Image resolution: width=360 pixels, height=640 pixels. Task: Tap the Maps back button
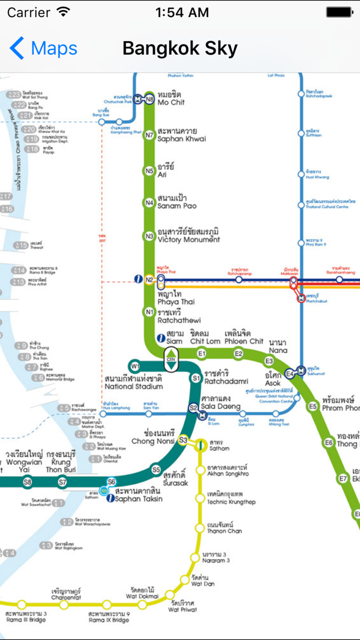pyautogui.click(x=43, y=48)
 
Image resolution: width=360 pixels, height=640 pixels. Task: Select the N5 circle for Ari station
pyautogui.click(x=149, y=171)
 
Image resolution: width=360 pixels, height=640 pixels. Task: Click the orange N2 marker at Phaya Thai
pyautogui.click(x=149, y=280)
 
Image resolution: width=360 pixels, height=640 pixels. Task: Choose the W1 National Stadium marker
pyautogui.click(x=135, y=367)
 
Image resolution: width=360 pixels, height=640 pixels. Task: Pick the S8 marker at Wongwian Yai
pyautogui.click(x=27, y=482)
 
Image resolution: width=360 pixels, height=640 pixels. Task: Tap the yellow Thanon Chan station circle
pyautogui.click(x=200, y=528)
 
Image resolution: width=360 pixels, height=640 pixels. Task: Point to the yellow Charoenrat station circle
pyautogui.click(x=64, y=605)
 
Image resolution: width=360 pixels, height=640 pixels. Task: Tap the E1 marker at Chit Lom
pyautogui.click(x=202, y=353)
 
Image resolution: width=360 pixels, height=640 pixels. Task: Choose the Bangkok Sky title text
pyautogui.click(x=180, y=48)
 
